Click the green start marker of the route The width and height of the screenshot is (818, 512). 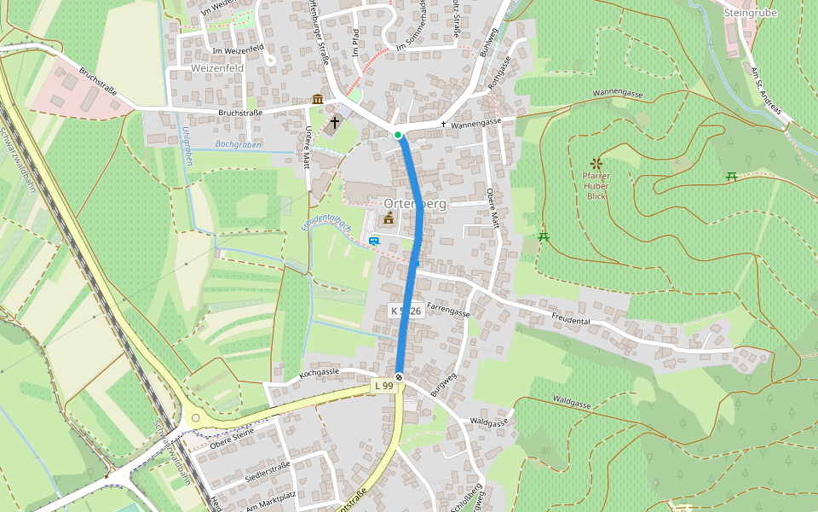(398, 135)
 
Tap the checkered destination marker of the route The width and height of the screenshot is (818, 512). (399, 378)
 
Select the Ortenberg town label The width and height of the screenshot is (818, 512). (415, 203)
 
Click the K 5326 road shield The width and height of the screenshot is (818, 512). (406, 311)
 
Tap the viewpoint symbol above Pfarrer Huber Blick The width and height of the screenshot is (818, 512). (596, 163)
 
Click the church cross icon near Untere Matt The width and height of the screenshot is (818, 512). (335, 123)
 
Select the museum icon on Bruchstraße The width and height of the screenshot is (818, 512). (318, 100)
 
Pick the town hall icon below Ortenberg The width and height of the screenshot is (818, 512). (389, 219)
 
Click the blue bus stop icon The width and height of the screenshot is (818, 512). (374, 241)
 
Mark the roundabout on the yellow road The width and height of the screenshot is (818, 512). (196, 418)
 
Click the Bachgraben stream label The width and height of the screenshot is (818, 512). (238, 145)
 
